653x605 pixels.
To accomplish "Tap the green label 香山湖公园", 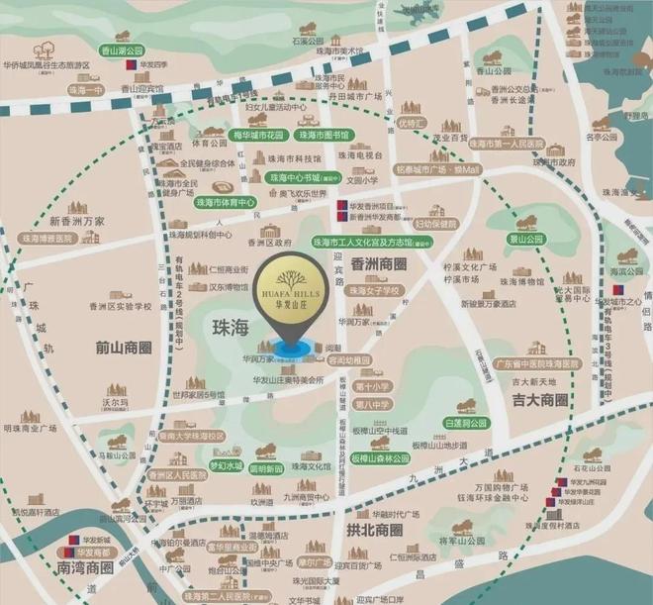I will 122,50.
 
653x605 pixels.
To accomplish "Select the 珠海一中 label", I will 86,89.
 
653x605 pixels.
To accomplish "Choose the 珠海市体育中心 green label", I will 221,202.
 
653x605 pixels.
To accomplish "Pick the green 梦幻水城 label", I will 226,465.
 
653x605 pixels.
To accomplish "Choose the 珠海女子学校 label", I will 375,291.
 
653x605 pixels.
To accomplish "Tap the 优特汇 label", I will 411,123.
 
